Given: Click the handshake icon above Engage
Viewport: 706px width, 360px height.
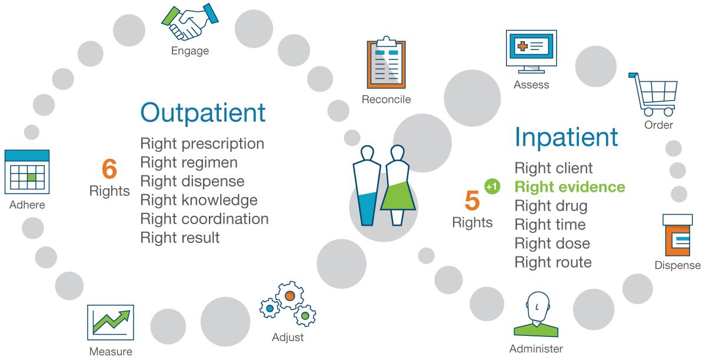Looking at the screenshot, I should pos(189,22).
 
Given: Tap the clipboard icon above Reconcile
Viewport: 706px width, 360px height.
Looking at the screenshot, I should pos(385,64).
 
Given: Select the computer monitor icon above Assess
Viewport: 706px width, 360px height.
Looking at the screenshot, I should pos(531,52).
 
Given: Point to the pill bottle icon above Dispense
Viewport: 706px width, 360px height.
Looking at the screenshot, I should pos(678,235).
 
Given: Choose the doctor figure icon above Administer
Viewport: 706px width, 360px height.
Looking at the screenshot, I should pos(536,316).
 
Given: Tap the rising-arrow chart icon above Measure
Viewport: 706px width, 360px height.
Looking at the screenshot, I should pos(110,322).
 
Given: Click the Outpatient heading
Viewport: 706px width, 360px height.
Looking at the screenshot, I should pos(203,112).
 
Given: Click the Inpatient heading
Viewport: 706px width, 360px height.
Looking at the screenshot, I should pos(566,137).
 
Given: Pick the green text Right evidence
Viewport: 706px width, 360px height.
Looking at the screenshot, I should pos(570,187).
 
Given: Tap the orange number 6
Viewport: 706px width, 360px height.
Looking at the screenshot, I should pos(109,169).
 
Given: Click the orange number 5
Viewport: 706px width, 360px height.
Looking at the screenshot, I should pos(472,201).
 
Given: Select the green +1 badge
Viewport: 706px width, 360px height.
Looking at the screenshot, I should pos(492,186).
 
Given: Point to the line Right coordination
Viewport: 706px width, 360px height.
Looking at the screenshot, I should pos(204,219).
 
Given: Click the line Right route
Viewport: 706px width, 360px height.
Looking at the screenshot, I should pos(553,262).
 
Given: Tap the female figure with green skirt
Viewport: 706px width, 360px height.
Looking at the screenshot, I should pos(398,185).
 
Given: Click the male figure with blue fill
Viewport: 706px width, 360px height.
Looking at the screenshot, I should pos(367,185).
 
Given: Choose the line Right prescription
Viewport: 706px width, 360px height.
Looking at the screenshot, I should pos(202,144).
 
